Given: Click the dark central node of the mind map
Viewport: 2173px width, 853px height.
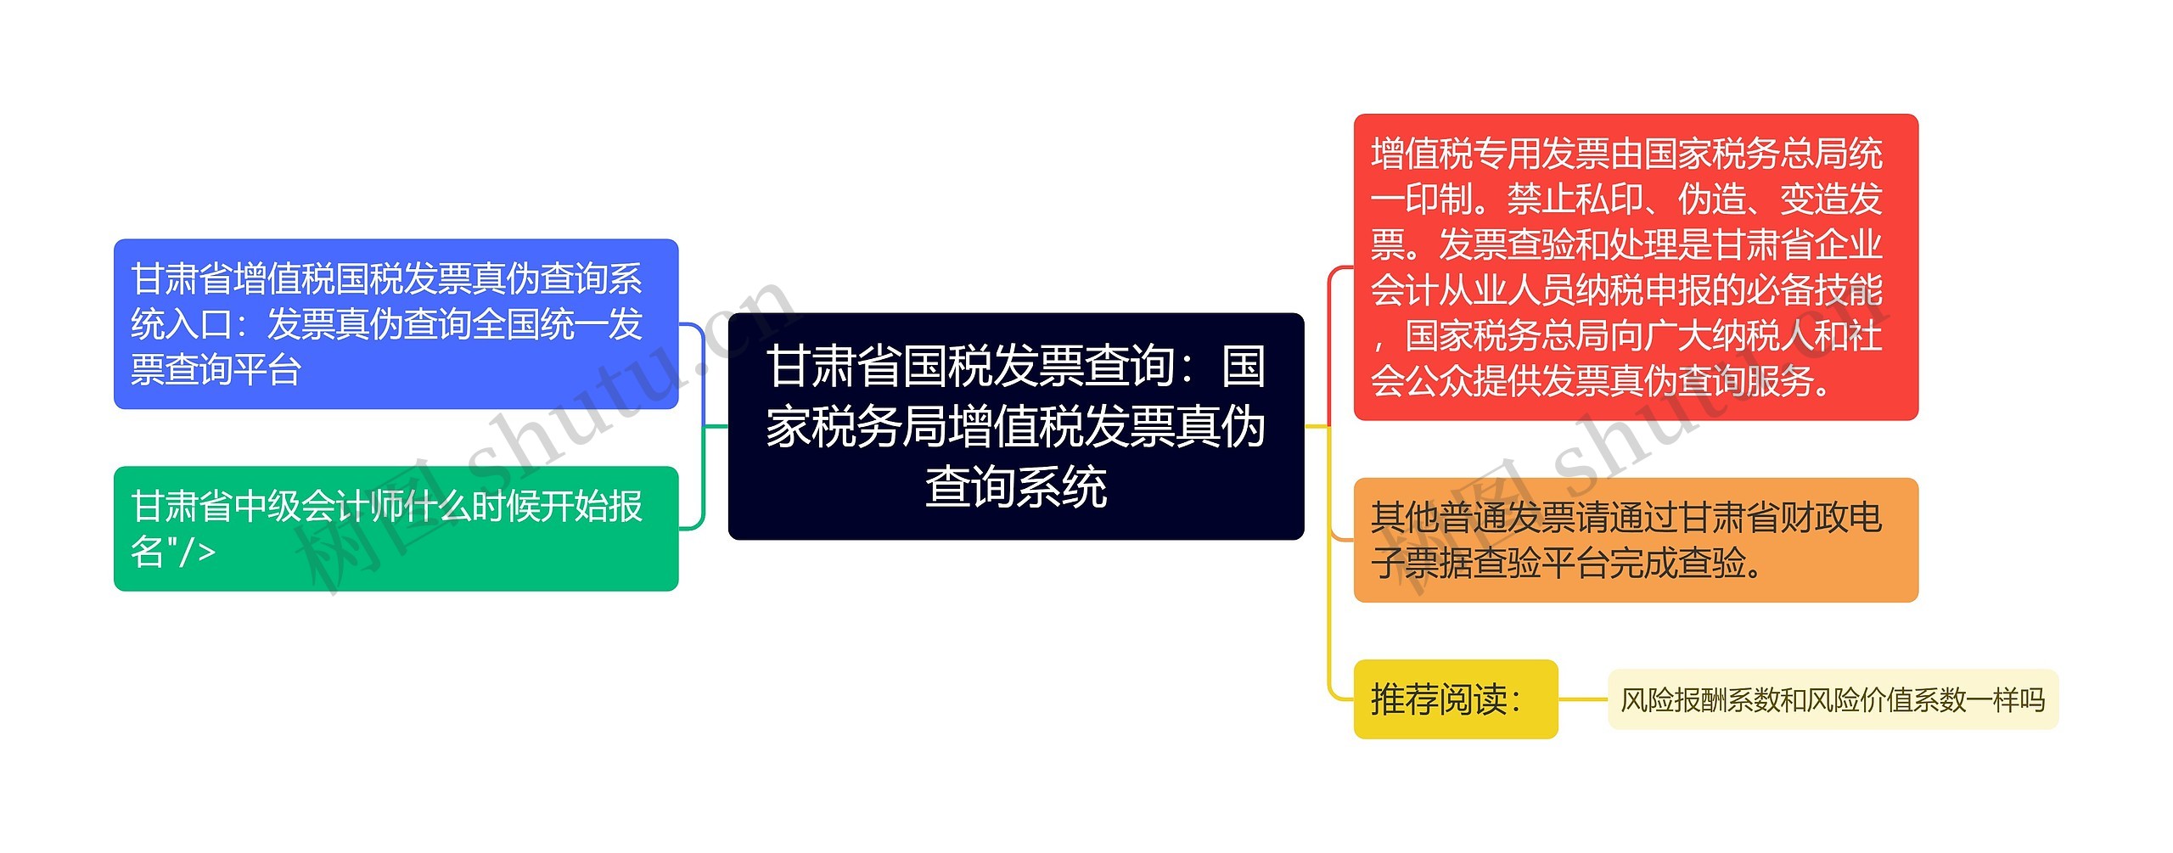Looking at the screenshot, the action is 1016,426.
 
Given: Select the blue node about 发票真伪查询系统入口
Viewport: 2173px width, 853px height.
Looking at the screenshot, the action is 396,324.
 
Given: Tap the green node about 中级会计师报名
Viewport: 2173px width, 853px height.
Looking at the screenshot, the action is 396,529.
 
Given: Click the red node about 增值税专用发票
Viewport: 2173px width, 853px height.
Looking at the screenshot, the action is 1636,267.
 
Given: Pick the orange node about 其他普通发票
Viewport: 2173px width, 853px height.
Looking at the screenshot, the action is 1636,540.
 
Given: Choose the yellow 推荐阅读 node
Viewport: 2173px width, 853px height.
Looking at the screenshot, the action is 1456,699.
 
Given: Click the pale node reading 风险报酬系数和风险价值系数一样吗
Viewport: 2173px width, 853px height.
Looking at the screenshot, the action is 1833,699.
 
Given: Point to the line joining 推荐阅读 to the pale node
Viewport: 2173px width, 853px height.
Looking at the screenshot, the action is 1583,699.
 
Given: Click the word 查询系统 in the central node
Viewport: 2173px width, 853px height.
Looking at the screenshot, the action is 1016,487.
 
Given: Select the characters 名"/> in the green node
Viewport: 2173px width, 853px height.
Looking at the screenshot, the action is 173,552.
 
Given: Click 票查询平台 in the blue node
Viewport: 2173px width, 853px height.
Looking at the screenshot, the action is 216,370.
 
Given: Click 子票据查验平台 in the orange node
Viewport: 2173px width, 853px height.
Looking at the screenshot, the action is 1490,563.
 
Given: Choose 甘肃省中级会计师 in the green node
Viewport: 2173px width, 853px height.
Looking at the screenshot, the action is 267,507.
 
